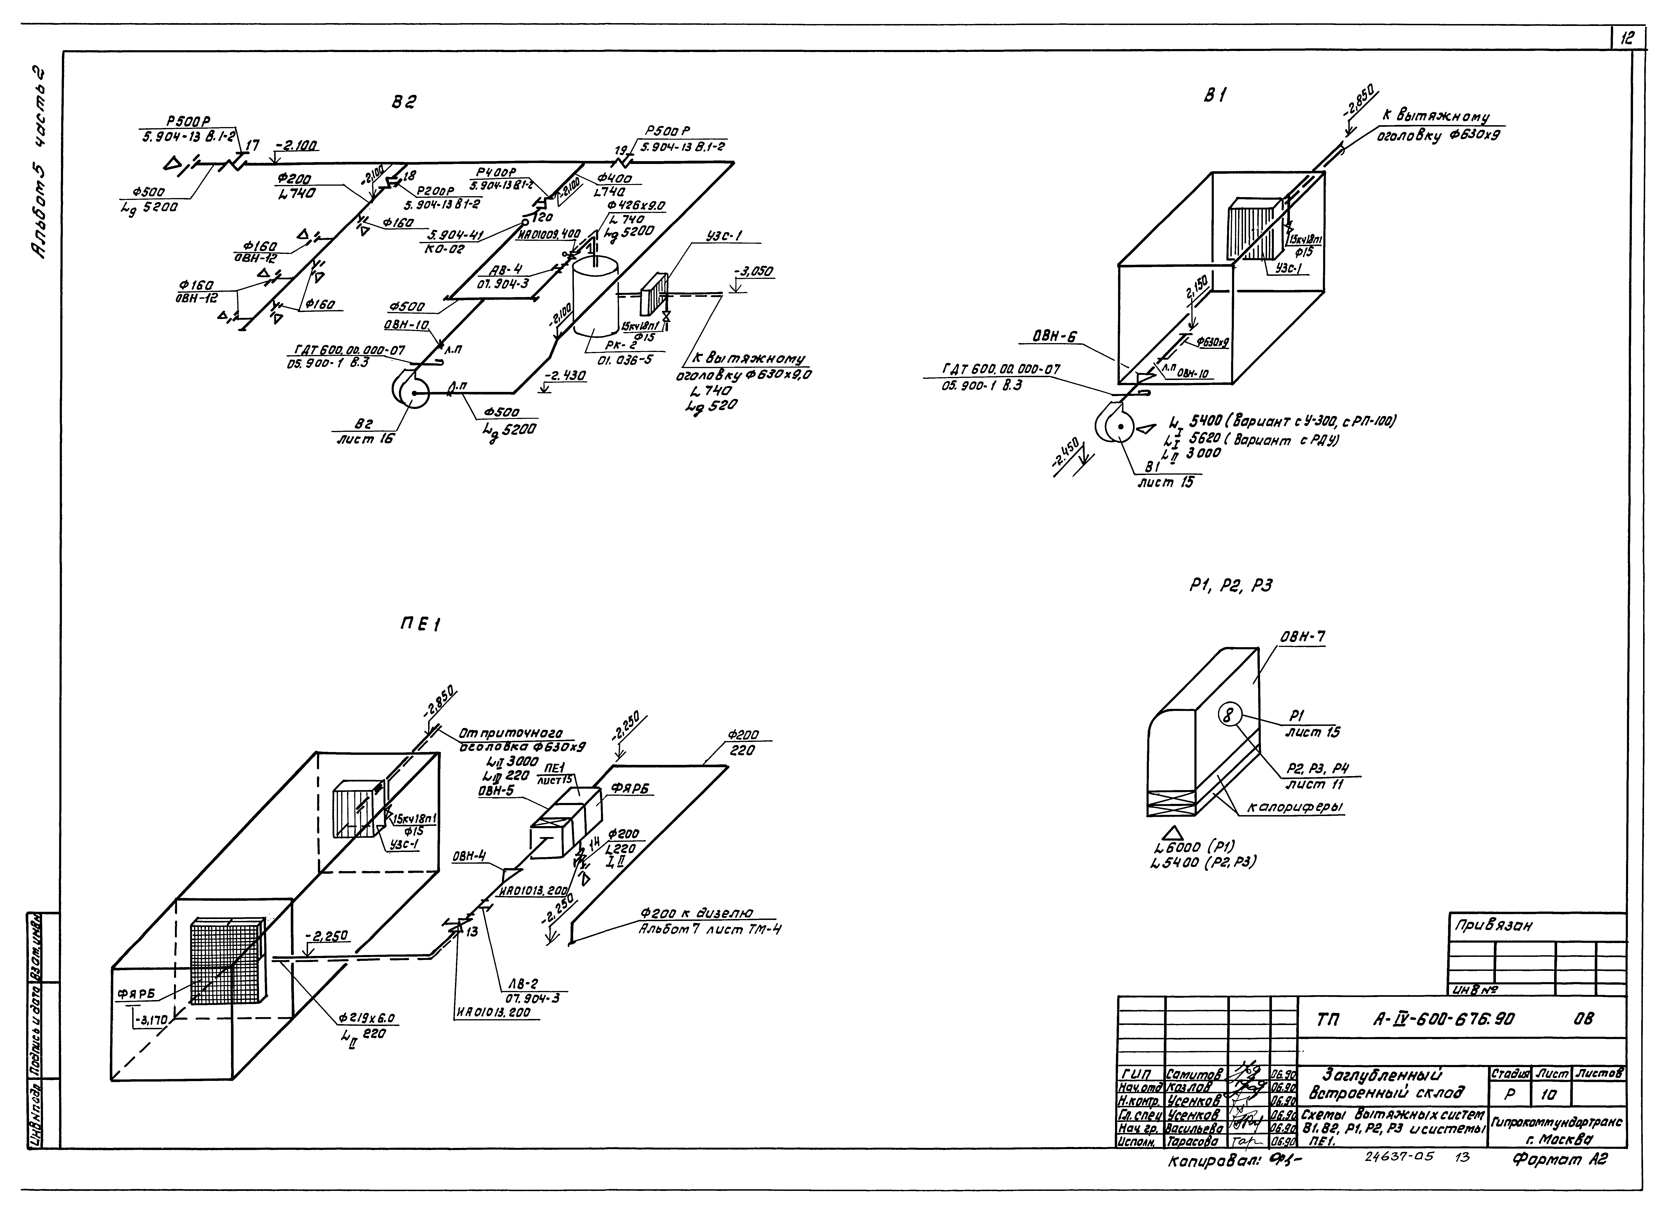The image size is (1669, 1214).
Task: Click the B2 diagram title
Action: [x=403, y=104]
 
